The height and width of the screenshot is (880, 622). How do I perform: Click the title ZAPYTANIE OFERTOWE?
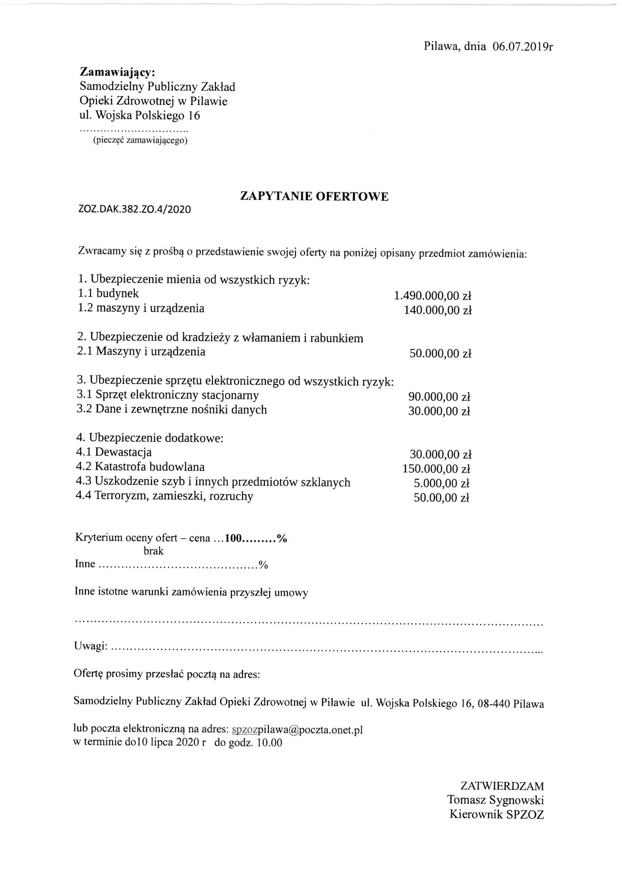[x=314, y=196]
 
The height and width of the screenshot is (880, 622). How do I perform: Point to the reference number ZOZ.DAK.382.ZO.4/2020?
[x=134, y=210]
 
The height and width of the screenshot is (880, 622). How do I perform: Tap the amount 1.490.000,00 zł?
[x=432, y=295]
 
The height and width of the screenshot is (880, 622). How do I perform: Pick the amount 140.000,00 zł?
[x=437, y=310]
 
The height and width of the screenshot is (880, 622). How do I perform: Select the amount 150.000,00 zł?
[x=436, y=469]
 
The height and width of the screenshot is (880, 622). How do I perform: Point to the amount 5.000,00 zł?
[x=441, y=483]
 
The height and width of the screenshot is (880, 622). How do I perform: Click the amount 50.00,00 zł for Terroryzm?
[x=441, y=498]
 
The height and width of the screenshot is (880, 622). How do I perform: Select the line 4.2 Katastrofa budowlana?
[x=140, y=467]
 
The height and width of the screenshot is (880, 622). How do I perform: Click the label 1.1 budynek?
[x=108, y=294]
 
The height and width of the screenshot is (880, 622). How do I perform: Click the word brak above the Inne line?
[x=153, y=551]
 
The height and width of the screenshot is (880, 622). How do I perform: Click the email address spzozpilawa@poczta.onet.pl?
[x=297, y=729]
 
